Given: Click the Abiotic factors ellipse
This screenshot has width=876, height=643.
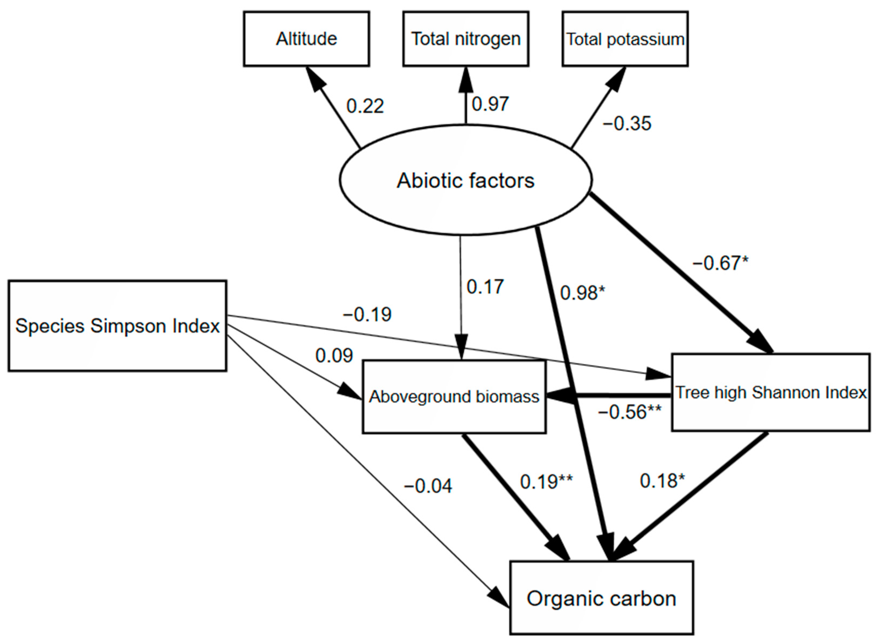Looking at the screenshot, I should (x=465, y=180).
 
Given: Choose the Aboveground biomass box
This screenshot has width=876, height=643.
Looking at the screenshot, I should (x=454, y=397).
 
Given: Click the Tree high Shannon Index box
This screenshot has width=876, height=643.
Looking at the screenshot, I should (x=770, y=392).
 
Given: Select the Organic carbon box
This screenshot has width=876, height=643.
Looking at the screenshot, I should (x=601, y=598).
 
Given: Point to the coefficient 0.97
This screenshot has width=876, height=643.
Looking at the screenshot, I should (x=490, y=104).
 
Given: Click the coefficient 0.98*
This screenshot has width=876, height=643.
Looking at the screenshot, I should (x=582, y=293).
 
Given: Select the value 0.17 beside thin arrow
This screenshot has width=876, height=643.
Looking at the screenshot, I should (x=485, y=287).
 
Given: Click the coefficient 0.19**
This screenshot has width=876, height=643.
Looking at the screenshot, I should (x=546, y=482).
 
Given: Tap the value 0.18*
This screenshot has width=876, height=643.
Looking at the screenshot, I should (x=662, y=481).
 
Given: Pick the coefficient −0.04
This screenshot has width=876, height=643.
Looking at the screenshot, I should (x=428, y=486).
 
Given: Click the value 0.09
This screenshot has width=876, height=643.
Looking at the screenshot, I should (x=334, y=355).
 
